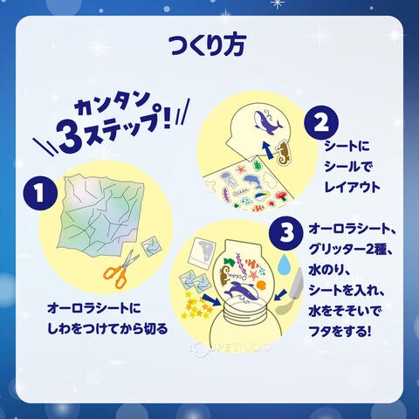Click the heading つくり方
click(208, 45)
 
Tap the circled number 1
click(39, 194)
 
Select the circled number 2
click(321, 124)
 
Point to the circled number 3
click(286, 234)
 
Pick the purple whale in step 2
click(267, 120)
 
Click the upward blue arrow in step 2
click(266, 150)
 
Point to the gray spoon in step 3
click(291, 294)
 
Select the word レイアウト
click(353, 187)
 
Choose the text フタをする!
click(340, 332)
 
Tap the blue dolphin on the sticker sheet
click(253, 182)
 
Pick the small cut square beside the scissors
click(151, 248)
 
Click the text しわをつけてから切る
click(107, 328)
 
